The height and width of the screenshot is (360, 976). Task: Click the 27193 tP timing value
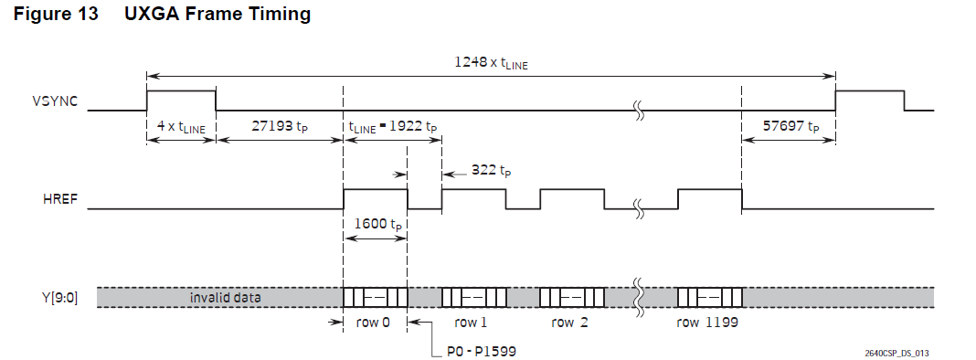pyautogui.click(x=279, y=126)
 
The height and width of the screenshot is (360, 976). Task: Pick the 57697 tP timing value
pyautogui.click(x=790, y=126)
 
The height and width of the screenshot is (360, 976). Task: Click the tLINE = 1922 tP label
pyautogui.click(x=393, y=127)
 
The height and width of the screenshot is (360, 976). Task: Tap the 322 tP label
pyautogui.click(x=489, y=170)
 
